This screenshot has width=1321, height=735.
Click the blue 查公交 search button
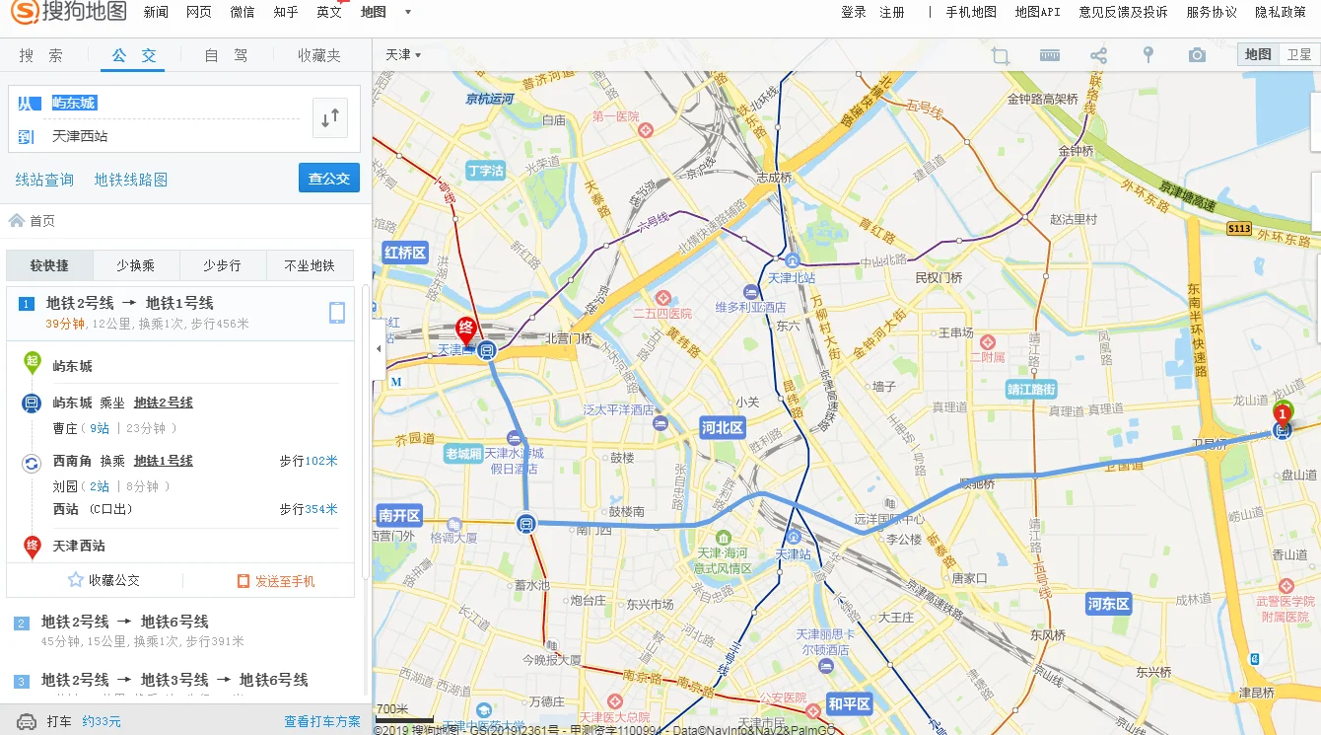[328, 179]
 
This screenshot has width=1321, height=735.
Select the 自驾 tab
[227, 56]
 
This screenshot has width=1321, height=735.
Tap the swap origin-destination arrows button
[329, 118]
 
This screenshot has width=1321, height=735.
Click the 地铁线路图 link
[131, 180]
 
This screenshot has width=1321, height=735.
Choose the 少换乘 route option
[136, 265]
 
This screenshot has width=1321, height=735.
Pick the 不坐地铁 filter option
[310, 265]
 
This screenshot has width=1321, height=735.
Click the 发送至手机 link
[277, 581]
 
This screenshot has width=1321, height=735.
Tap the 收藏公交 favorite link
[104, 581]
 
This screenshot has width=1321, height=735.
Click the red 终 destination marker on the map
[465, 329]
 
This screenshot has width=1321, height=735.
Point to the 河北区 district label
[723, 428]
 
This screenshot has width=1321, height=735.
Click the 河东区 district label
[1108, 604]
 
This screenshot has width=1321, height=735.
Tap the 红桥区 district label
[404, 253]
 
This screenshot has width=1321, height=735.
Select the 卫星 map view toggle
[1299, 55]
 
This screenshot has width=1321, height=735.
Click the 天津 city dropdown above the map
[402, 55]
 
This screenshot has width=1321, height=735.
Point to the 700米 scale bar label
[392, 709]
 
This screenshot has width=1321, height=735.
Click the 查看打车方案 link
[322, 722]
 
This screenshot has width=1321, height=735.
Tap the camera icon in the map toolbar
[1197, 55]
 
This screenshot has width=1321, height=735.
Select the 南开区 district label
[399, 516]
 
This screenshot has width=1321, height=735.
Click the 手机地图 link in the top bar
[971, 12]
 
